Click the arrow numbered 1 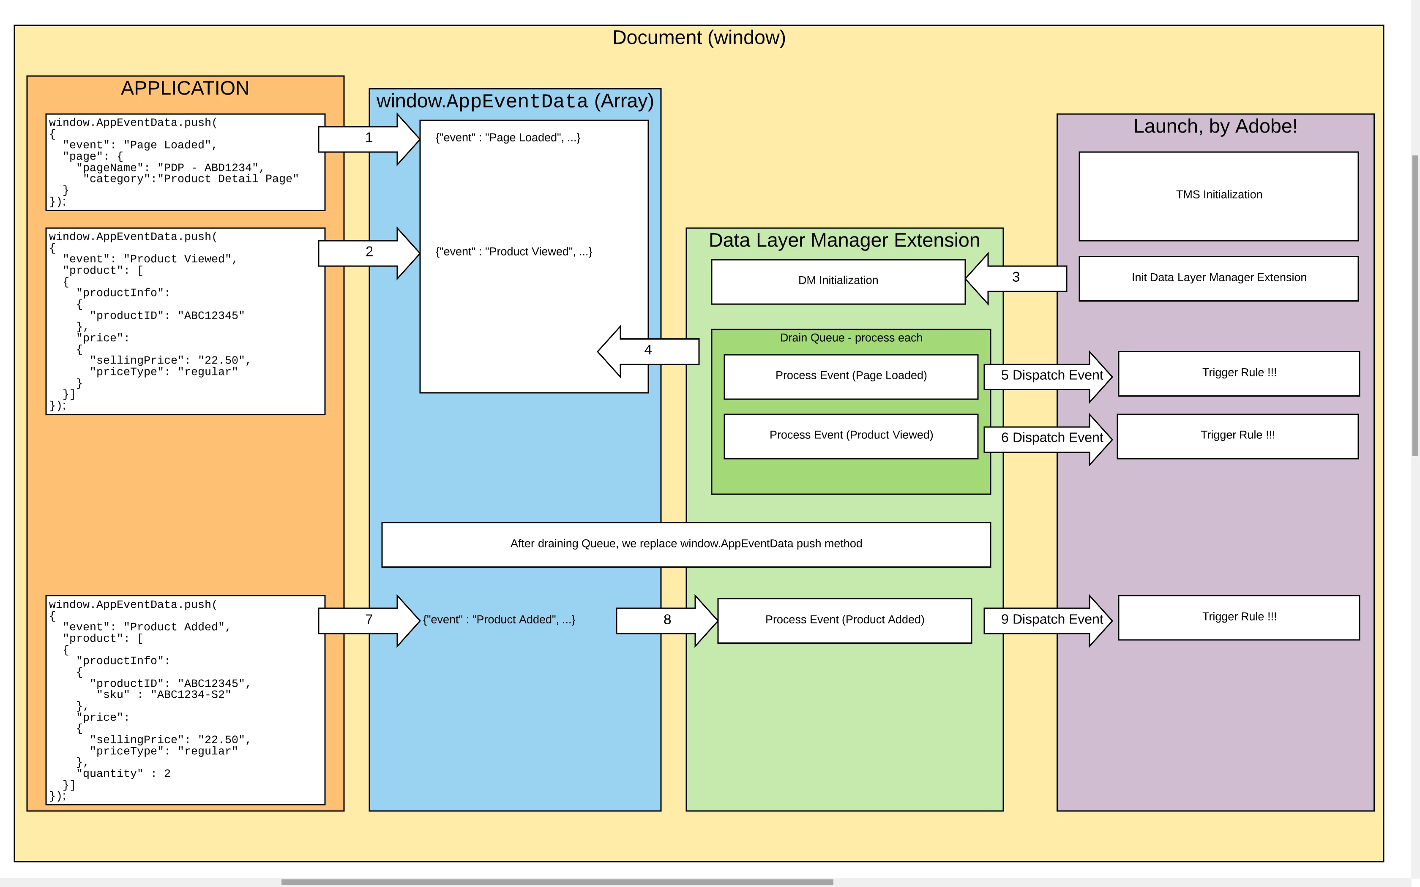[x=369, y=139]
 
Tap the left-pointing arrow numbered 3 [x=1016, y=278]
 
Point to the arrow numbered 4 [x=648, y=351]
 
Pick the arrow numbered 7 [x=369, y=620]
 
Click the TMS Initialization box [x=1218, y=195]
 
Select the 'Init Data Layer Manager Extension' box [x=1218, y=278]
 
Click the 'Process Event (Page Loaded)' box [x=850, y=376]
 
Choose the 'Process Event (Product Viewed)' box [x=850, y=436]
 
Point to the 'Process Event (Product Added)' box [x=844, y=620]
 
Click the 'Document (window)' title [x=698, y=38]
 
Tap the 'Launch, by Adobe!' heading [x=1215, y=127]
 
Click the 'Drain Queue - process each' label [x=850, y=338]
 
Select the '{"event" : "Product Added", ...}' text [x=499, y=620]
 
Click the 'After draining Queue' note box [x=685, y=544]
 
